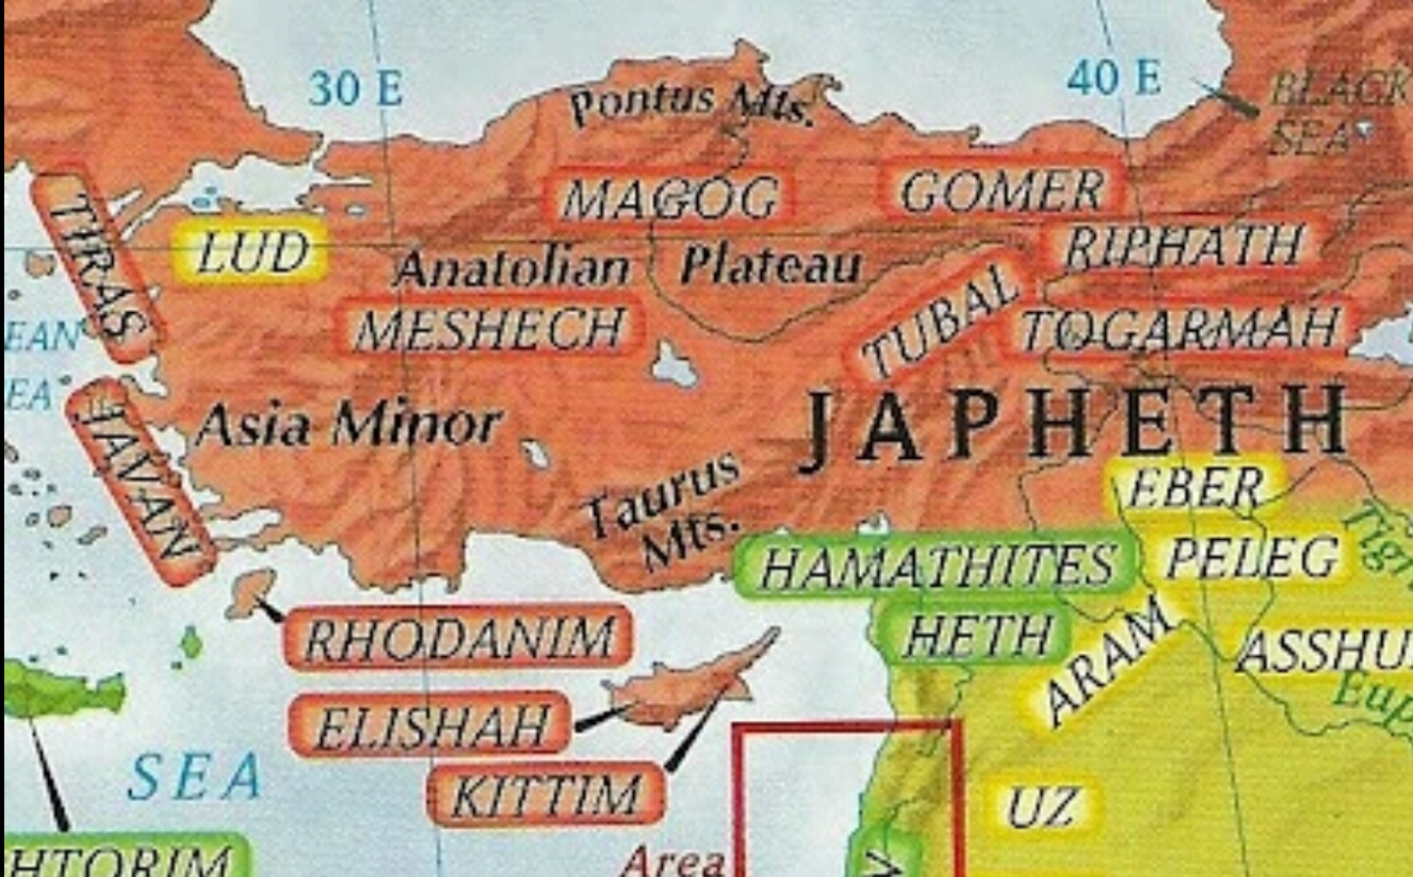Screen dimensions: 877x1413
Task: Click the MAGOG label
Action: pyautogui.click(x=671, y=197)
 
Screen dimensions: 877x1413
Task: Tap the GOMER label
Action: pyautogui.click(x=1002, y=191)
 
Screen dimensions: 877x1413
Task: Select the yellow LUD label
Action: pyautogui.click(x=251, y=252)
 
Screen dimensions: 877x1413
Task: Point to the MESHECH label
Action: pyautogui.click(x=490, y=329)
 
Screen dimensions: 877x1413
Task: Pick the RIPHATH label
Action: pyautogui.click(x=1184, y=247)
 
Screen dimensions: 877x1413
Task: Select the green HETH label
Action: pyautogui.click(x=976, y=634)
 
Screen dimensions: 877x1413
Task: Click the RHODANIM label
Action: pyautogui.click(x=459, y=639)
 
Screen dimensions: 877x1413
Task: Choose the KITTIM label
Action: pyautogui.click(x=546, y=795)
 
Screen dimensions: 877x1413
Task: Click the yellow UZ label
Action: pyautogui.click(x=1042, y=806)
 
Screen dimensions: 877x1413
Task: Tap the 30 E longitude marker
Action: pyautogui.click(x=355, y=88)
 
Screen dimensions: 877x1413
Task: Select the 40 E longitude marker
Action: pyautogui.click(x=1114, y=77)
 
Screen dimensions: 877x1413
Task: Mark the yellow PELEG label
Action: pyautogui.click(x=1252, y=557)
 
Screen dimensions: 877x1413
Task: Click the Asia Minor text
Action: pyautogui.click(x=349, y=424)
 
